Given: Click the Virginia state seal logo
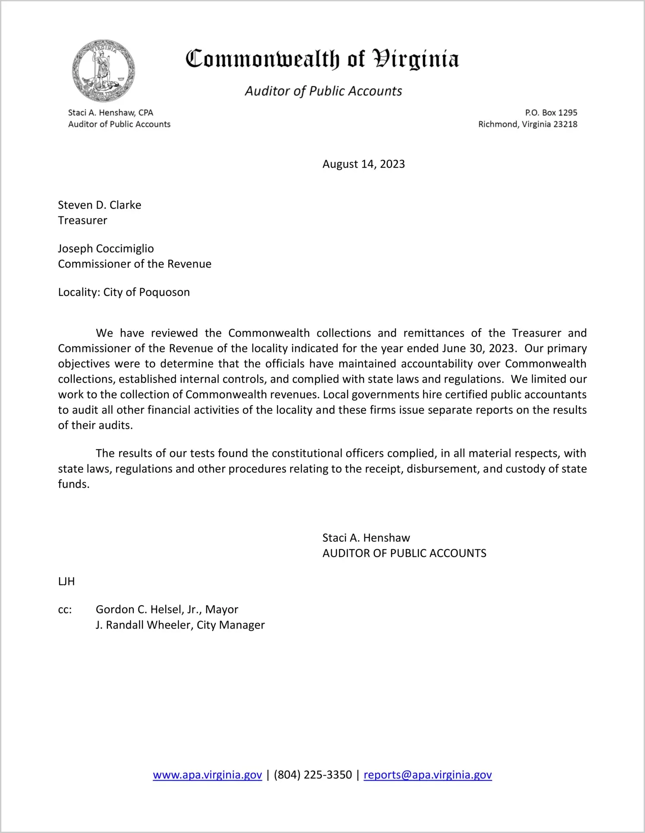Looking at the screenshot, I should click(103, 71).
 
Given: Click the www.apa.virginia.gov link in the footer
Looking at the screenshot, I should click(207, 775).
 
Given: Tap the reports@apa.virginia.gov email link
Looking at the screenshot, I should click(427, 775).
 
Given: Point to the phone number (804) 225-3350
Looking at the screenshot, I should click(313, 775).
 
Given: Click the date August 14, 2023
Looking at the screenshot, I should click(364, 164).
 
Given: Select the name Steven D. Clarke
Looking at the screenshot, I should click(100, 205).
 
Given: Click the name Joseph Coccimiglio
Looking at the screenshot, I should click(106, 248).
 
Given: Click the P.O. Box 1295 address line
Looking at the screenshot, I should click(551, 113).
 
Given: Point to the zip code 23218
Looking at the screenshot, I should click(565, 124).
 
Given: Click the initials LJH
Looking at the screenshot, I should click(66, 582).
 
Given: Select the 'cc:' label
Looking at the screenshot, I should click(65, 610).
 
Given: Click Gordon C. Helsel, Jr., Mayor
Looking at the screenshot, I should click(167, 610).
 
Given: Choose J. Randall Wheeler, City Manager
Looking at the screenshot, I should click(180, 625).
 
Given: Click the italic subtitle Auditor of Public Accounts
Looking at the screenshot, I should click(323, 91).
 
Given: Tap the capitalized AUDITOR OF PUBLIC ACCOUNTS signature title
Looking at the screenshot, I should click(404, 553).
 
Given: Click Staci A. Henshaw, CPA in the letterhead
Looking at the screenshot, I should click(111, 113).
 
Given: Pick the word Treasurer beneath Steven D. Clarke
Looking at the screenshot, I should click(82, 220).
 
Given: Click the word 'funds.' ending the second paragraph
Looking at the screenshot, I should click(74, 484).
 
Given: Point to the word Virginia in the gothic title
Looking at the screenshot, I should click(415, 59).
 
